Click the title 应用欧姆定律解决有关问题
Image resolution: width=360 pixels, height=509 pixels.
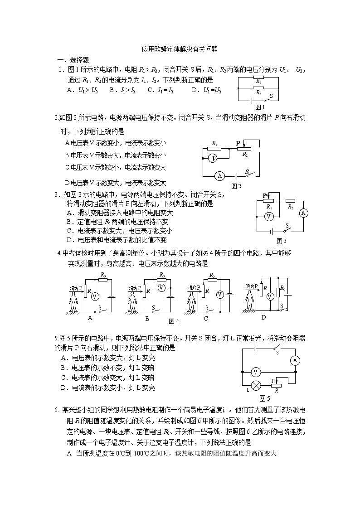pyautogui.click(x=180, y=50)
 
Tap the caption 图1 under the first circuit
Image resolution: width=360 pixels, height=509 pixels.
pyautogui.click(x=260, y=107)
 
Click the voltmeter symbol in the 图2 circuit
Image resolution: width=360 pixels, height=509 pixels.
pyautogui.click(x=212, y=158)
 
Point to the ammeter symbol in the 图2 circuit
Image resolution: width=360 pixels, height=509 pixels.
pyautogui.click(x=219, y=176)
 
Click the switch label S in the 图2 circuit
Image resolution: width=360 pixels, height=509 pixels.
pyautogui.click(x=248, y=172)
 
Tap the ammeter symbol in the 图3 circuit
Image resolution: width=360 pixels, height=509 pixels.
pyautogui.click(x=304, y=213)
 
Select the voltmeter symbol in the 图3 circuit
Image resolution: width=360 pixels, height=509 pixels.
pyautogui.click(x=268, y=217)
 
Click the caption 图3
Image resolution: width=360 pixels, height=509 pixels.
pyautogui.click(x=282, y=241)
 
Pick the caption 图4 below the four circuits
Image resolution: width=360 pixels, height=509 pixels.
pyautogui.click(x=174, y=321)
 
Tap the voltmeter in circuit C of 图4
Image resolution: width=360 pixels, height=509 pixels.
pyautogui.click(x=219, y=295)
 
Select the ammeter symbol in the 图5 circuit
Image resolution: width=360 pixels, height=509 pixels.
pyautogui.click(x=295, y=360)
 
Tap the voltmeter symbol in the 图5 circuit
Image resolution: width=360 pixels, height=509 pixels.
pyautogui.click(x=256, y=372)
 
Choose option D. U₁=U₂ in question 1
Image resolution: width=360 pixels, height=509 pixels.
pyautogui.click(x=206, y=90)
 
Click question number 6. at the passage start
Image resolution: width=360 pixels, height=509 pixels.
pyautogui.click(x=57, y=410)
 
